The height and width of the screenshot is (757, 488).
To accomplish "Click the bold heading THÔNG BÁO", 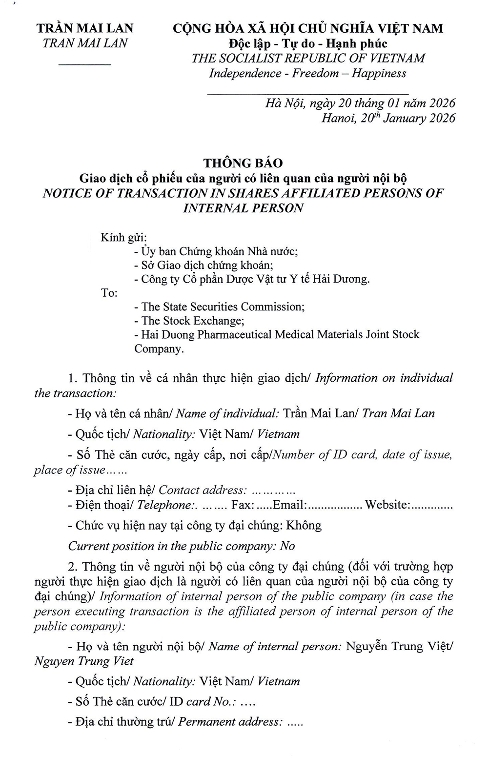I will (243, 163).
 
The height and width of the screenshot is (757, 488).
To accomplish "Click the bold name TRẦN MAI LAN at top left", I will (85, 28).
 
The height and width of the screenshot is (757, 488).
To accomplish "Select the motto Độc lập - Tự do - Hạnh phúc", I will (308, 43).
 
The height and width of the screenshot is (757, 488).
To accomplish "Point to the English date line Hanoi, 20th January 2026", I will (388, 118).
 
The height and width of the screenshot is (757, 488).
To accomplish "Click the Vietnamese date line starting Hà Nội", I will (360, 103).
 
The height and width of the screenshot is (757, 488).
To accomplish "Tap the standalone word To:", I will (109, 293).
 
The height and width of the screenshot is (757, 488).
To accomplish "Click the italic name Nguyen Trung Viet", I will (83, 661).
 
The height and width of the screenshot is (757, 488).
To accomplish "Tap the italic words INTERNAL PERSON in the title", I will (243, 208).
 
